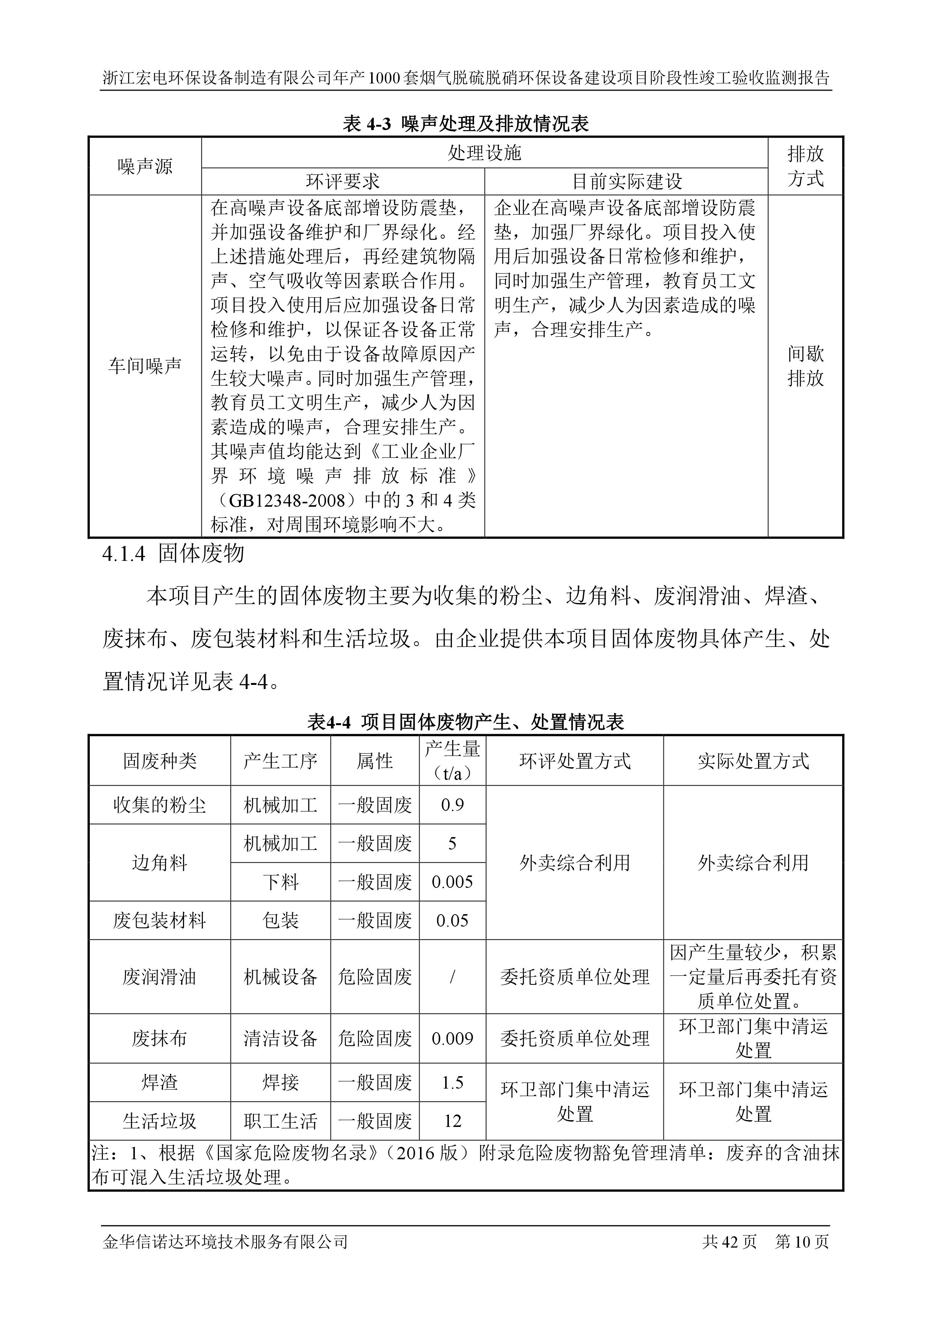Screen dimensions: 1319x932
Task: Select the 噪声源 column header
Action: (x=145, y=167)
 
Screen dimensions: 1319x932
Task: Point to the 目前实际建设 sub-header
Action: (x=627, y=182)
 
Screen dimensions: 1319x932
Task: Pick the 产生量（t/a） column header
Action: (x=453, y=760)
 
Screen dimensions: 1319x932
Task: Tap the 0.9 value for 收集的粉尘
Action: (x=453, y=805)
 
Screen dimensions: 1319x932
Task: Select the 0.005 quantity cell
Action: (x=453, y=882)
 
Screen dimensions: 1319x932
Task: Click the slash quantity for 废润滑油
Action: (x=453, y=977)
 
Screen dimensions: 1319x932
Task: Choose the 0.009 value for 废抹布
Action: (x=453, y=1038)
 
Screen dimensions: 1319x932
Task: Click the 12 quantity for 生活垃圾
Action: (x=453, y=1121)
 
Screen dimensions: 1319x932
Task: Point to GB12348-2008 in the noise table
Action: (x=287, y=500)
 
